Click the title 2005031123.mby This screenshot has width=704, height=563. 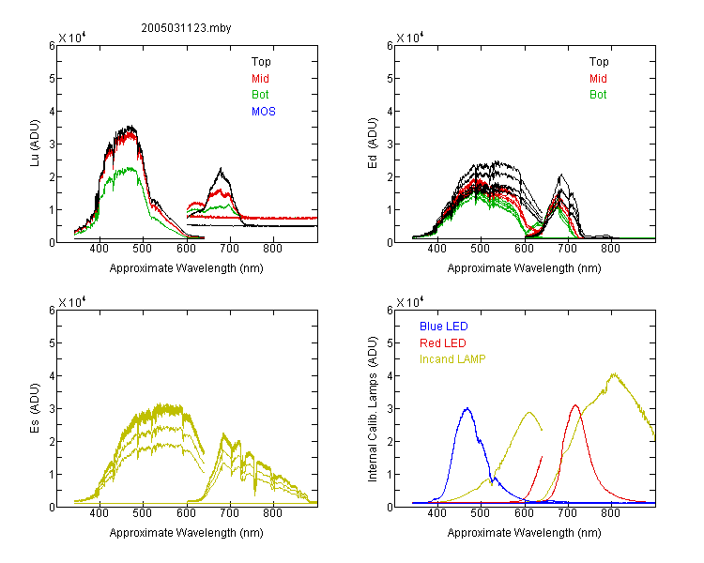pyautogui.click(x=186, y=28)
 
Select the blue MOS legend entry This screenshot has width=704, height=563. pyautogui.click(x=264, y=112)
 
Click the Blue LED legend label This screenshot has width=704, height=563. pyautogui.click(x=444, y=327)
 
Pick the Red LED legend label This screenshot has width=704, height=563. pyautogui.click(x=443, y=343)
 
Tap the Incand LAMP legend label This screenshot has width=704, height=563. pyautogui.click(x=452, y=359)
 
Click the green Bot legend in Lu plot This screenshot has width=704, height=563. pyautogui.click(x=260, y=95)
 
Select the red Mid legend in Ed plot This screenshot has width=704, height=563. pyautogui.click(x=598, y=79)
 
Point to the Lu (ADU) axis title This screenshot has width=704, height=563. pyautogui.click(x=35, y=143)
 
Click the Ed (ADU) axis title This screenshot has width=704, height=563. pyautogui.click(x=373, y=143)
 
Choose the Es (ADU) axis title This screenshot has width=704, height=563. pyautogui.click(x=35, y=407)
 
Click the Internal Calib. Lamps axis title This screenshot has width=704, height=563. pyautogui.click(x=373, y=409)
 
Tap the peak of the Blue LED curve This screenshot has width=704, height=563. pyautogui.click(x=467, y=408)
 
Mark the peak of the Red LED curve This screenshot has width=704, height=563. pyautogui.click(x=575, y=405)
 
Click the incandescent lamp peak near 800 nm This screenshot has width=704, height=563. pyautogui.click(x=614, y=373)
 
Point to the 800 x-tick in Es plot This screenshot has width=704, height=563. pyautogui.click(x=272, y=513)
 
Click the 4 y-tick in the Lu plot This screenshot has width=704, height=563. pyautogui.click(x=52, y=111)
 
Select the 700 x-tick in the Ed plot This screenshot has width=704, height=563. pyautogui.click(x=567, y=249)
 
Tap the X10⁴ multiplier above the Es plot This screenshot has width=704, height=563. pyautogui.click(x=72, y=302)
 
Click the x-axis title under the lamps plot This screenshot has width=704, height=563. pyautogui.click(x=524, y=533)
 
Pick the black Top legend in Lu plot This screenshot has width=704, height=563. pyautogui.click(x=261, y=62)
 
